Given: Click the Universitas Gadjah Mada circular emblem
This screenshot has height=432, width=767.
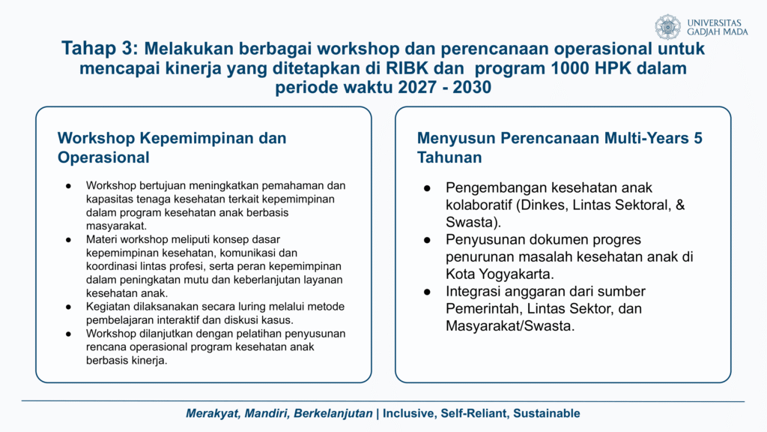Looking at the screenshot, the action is coord(667,27).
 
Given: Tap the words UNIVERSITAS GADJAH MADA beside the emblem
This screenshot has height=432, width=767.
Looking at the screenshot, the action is coord(717,28).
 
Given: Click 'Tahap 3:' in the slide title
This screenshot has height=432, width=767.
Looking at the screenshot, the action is coord(100,49).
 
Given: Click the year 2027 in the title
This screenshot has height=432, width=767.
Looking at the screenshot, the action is coord(417,87).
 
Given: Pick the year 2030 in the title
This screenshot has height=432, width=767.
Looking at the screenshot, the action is coord(472,87).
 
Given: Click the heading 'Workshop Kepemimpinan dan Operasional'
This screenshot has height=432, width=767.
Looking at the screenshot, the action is coord(172,148).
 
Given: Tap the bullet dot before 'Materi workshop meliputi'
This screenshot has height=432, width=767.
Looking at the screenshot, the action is coord(68,240).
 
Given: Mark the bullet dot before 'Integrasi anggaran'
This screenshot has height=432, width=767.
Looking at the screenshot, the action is coord(428,292).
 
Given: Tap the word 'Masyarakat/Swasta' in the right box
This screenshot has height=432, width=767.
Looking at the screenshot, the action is coord(509,325).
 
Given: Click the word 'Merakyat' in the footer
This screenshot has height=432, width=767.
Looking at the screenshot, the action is coord(213,414).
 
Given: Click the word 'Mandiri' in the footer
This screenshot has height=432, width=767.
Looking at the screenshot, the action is coord(267,414).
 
